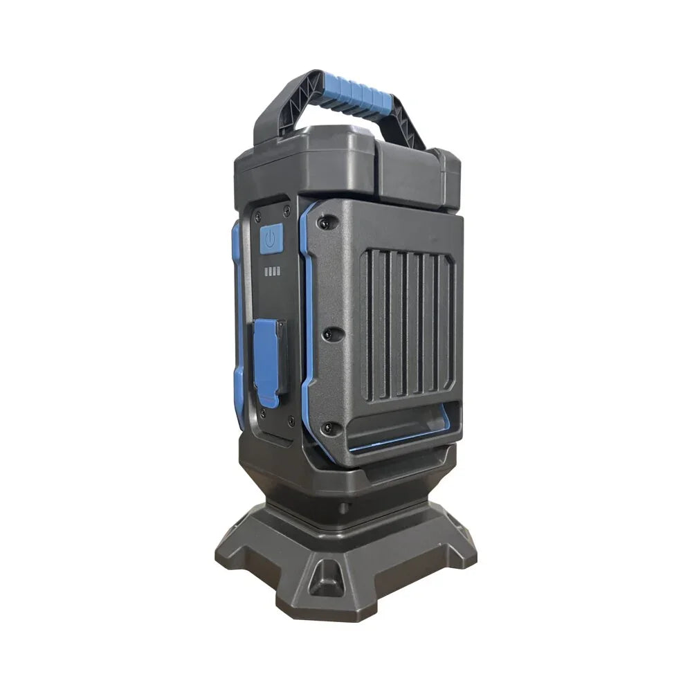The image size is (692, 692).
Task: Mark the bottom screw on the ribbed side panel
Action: point(329,428)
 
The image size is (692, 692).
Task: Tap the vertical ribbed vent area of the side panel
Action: point(409,325)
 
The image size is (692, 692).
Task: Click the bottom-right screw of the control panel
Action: point(291,420)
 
